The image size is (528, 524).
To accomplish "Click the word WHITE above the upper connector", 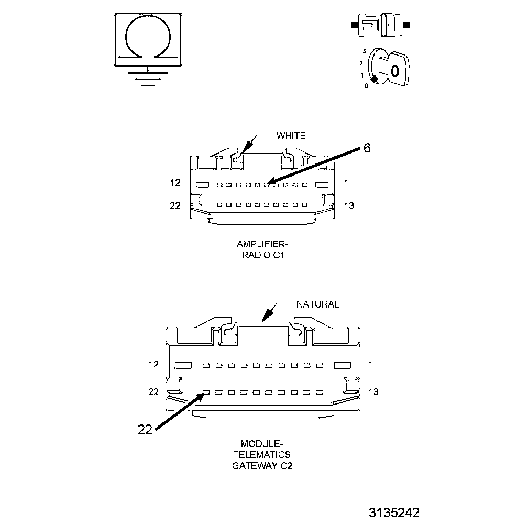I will pyautogui.click(x=291, y=136).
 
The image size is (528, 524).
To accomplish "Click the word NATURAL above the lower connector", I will pyautogui.click(x=317, y=304).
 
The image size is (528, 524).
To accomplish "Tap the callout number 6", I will pyautogui.click(x=367, y=148).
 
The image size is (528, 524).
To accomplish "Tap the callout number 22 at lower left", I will pyautogui.click(x=145, y=430).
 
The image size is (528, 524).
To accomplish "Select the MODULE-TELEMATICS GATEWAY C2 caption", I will pyautogui.click(x=262, y=454).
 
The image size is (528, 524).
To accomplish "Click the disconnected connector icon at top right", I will pyautogui.click(x=381, y=25).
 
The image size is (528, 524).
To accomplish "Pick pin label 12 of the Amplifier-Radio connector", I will pyautogui.click(x=175, y=183).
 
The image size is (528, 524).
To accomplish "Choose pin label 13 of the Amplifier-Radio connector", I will pyautogui.click(x=348, y=205).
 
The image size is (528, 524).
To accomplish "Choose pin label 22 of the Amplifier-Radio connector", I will pyautogui.click(x=175, y=205).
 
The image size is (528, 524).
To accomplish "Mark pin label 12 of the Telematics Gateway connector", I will pyautogui.click(x=153, y=364).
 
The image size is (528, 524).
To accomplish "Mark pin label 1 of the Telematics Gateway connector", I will pyautogui.click(x=370, y=364).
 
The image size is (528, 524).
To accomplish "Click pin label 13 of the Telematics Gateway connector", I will pyautogui.click(x=373, y=391).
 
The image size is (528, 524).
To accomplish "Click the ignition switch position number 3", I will pyautogui.click(x=364, y=51).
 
